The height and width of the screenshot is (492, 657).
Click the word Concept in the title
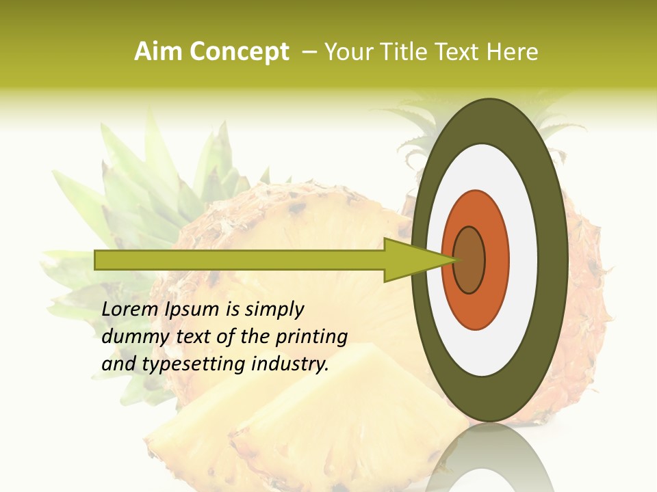(x=239, y=52)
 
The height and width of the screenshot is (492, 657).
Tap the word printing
(x=312, y=338)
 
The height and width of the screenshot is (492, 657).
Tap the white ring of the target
(x=524, y=260)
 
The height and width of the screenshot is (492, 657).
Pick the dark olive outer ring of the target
(x=554, y=260)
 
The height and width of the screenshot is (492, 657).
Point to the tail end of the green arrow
(x=99, y=260)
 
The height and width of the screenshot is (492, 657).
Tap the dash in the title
(x=309, y=52)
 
